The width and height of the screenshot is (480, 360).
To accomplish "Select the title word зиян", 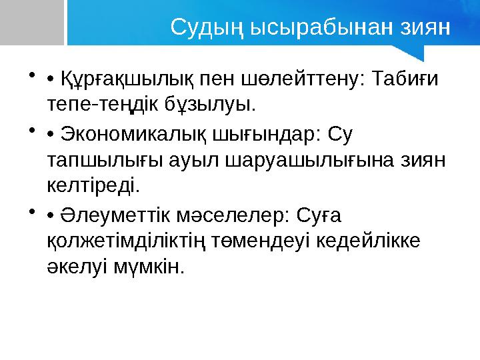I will tap(421, 28).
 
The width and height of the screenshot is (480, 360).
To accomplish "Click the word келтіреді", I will tap(93, 184).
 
